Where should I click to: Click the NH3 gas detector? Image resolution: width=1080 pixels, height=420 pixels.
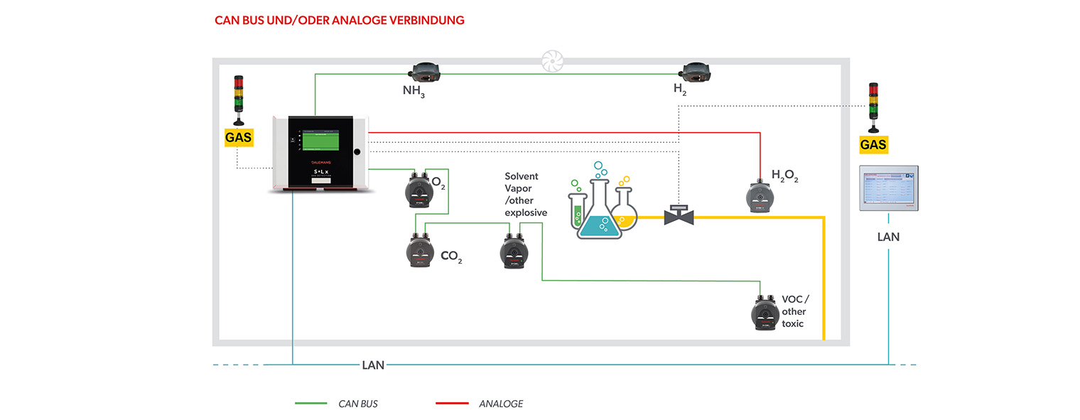pyautogui.click(x=425, y=71)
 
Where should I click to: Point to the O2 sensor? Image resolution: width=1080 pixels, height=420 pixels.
pyautogui.click(x=416, y=190)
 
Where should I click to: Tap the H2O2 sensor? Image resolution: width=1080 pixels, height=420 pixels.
pyautogui.click(x=759, y=195)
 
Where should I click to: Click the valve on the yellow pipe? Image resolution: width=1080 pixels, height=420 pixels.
pyautogui.click(x=678, y=215)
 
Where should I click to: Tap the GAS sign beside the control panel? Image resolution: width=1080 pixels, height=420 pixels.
pyautogui.click(x=238, y=136)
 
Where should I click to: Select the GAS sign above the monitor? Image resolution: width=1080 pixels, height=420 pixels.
pyautogui.click(x=873, y=145)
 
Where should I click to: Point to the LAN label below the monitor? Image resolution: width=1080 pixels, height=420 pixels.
pyautogui.click(x=888, y=237)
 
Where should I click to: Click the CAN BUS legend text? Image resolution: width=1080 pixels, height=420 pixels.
pyautogui.click(x=358, y=404)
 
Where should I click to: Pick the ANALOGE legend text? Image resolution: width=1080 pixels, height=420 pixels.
pyautogui.click(x=501, y=404)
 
